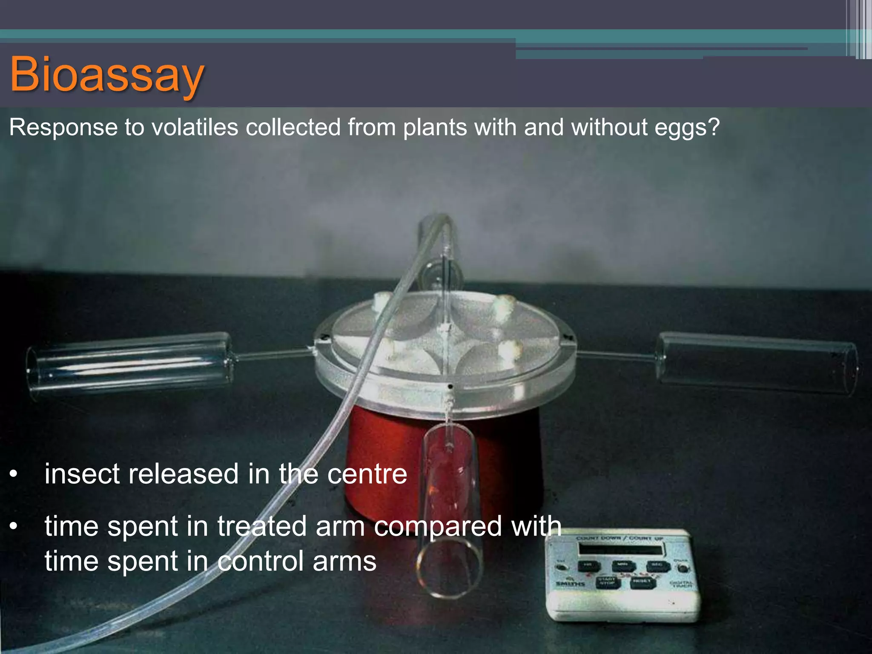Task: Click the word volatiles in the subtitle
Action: coord(199,127)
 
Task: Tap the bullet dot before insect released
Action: coord(14,474)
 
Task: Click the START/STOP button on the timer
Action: coord(607,582)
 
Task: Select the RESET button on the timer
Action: coord(642,582)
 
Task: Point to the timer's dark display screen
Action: coord(620,549)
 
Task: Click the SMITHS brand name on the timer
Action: coord(570,583)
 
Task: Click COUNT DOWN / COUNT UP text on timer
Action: coord(620,539)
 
